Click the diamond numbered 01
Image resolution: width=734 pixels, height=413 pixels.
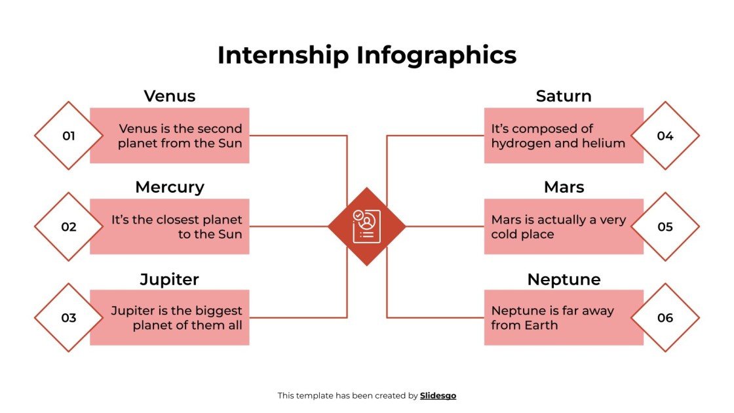point(69,136)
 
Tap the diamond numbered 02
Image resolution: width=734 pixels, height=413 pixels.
point(69,227)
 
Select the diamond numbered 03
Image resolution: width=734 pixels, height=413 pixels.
point(69,318)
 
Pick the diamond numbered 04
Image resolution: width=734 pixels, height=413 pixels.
point(665,136)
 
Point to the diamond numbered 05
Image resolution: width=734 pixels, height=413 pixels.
point(665,227)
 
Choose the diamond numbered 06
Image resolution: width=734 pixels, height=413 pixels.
point(665,318)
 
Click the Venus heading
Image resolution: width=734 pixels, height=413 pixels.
point(170,96)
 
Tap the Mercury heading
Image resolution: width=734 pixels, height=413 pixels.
point(170,187)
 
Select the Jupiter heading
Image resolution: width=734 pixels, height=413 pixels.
point(170,279)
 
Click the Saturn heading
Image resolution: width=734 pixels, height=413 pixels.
point(564,96)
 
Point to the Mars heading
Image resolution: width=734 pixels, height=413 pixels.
point(564,187)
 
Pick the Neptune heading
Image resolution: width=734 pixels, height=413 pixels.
point(564,279)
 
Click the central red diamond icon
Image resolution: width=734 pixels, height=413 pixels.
point(366,226)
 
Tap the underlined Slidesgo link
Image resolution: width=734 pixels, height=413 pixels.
point(438,395)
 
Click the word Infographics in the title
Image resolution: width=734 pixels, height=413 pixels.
point(436,55)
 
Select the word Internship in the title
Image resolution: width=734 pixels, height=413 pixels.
point(283,55)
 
